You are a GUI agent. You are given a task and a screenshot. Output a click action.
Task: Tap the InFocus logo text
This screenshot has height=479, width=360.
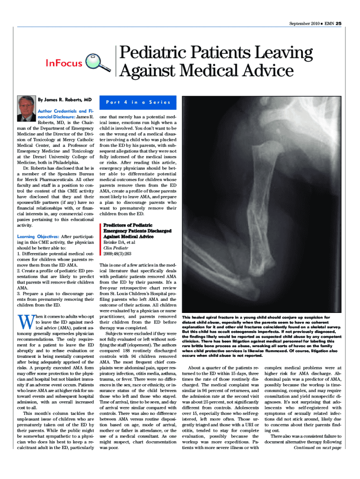click(64, 63)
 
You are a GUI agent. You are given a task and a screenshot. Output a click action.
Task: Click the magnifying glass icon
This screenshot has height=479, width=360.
click(100, 63)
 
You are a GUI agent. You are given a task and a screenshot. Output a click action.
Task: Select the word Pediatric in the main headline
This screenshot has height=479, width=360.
click(154, 53)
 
